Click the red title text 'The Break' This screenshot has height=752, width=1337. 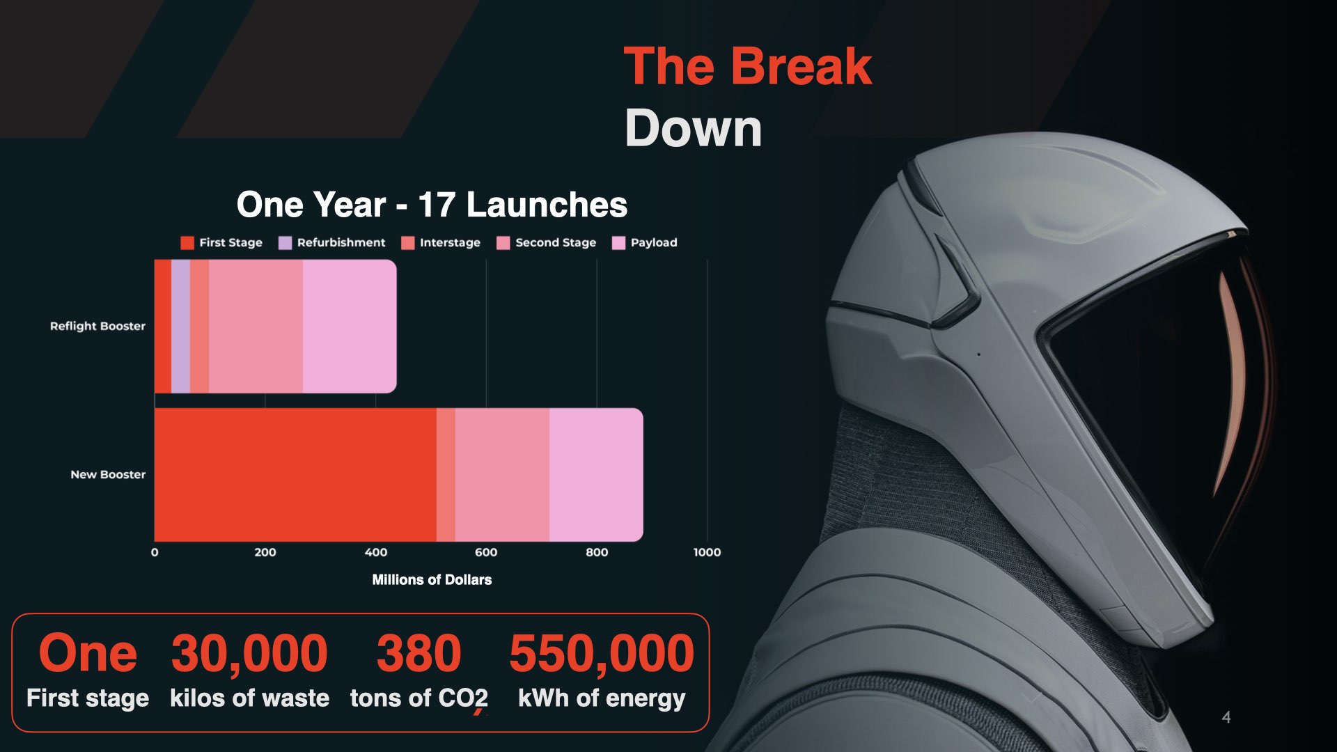point(747,67)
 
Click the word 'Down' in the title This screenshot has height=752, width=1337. point(694,128)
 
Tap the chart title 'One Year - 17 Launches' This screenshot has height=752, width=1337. point(432,205)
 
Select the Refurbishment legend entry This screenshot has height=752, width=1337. point(331,242)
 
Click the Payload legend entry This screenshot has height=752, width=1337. point(644,242)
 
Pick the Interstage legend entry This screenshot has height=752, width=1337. point(441,242)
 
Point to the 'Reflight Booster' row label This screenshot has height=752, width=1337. point(97,326)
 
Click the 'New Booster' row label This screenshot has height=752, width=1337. point(108,474)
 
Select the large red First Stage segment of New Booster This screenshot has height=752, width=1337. point(295,474)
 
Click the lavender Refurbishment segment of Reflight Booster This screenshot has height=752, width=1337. point(180,326)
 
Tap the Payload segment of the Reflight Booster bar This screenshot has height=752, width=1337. point(350,326)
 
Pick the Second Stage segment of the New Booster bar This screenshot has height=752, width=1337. point(502,474)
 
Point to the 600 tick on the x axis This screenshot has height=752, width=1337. point(486,552)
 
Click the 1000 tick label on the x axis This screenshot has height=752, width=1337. point(707,552)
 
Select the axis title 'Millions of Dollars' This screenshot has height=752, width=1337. point(432,579)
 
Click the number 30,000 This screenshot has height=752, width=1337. point(249,653)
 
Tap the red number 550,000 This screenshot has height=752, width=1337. point(602,653)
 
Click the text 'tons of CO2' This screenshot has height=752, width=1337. point(419,698)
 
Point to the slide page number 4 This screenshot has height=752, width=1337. point(1226,717)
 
